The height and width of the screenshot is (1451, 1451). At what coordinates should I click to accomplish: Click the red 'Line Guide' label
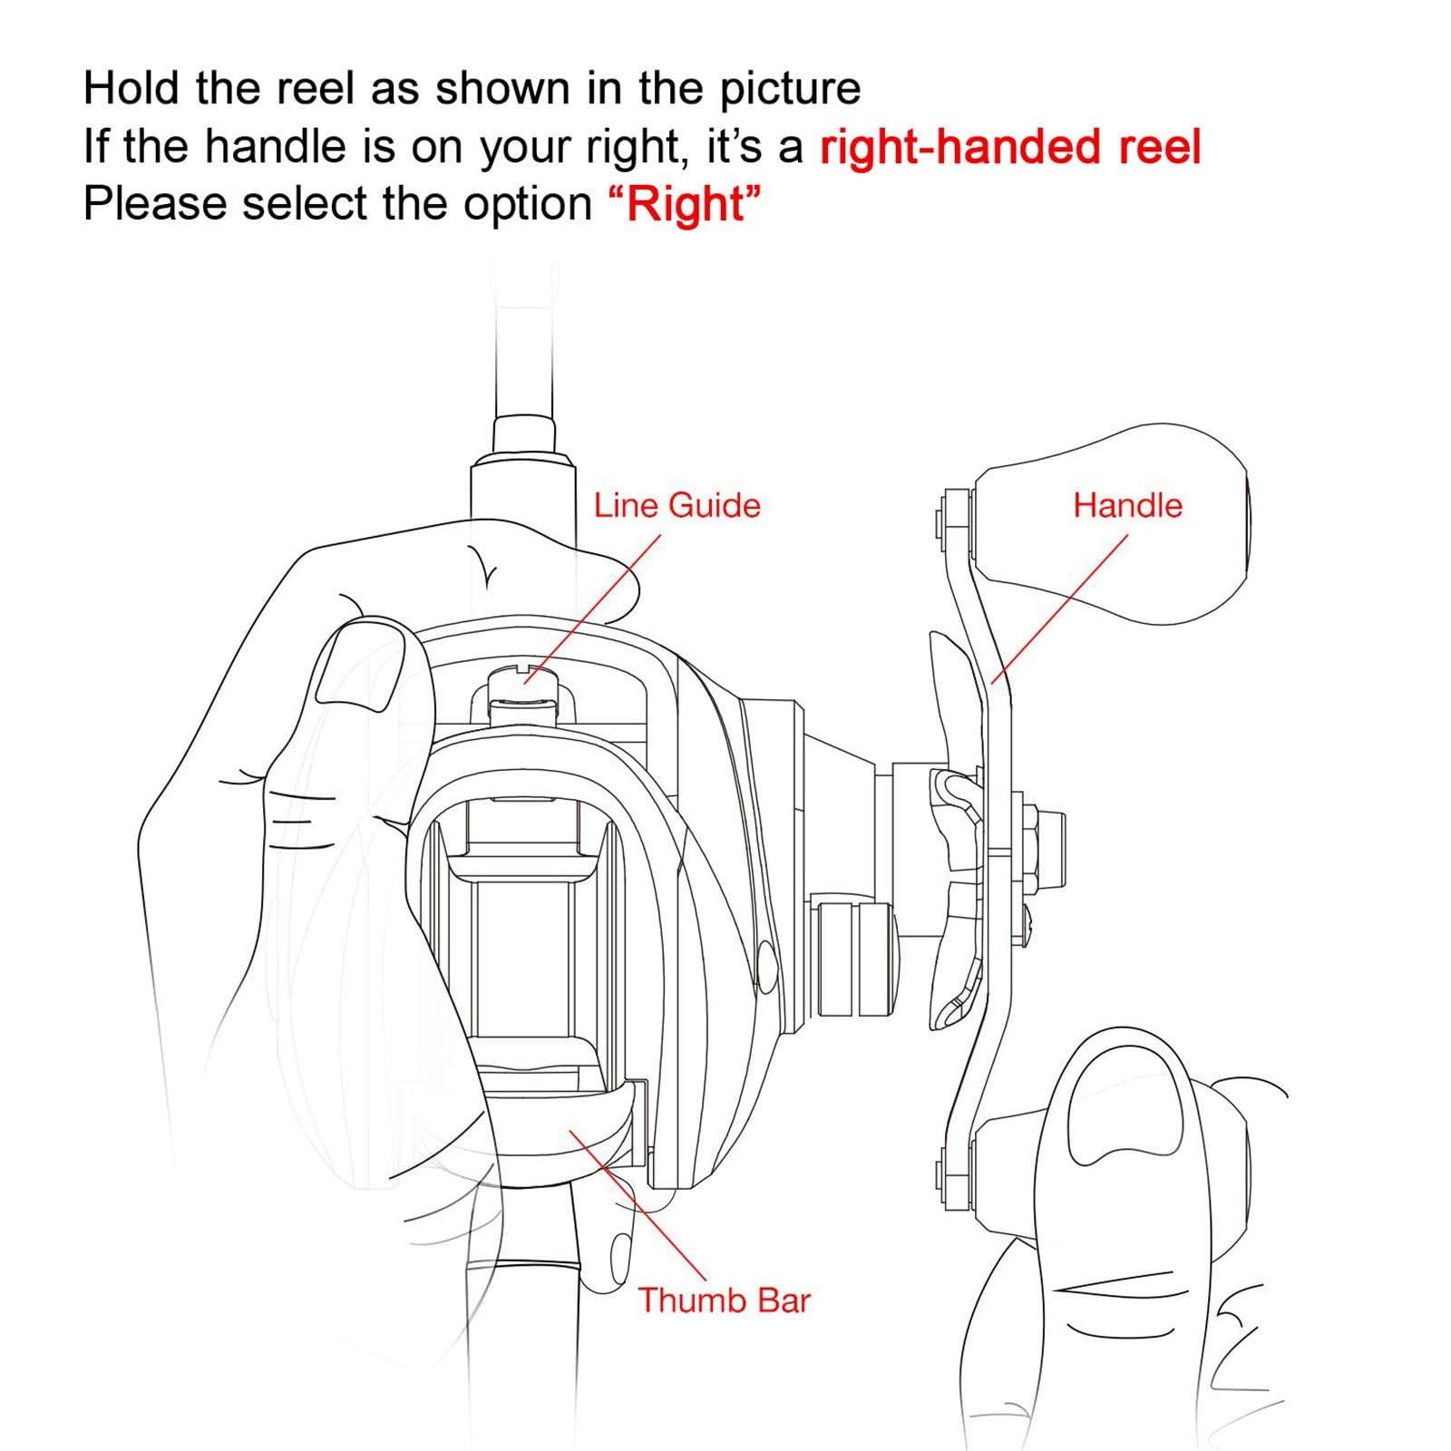[677, 505]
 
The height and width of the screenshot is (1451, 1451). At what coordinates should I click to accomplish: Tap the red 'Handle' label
[1127, 505]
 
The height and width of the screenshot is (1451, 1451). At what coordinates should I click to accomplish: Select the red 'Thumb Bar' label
[724, 1300]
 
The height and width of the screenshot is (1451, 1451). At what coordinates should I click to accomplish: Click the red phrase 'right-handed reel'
[1010, 147]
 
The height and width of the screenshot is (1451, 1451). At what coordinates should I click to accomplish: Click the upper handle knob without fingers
[1110, 523]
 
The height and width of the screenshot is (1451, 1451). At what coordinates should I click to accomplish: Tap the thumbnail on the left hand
[359, 665]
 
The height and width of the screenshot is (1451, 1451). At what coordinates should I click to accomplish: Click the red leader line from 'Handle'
[1060, 608]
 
